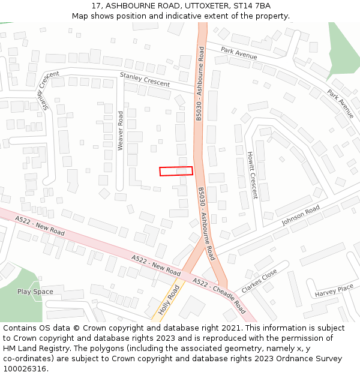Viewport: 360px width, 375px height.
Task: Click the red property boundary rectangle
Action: click(176, 171)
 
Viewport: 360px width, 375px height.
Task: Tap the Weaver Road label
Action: click(121, 130)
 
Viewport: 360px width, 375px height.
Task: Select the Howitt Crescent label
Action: click(253, 175)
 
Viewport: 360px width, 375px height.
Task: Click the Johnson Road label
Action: click(301, 214)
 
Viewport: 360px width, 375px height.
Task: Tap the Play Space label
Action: click(35, 292)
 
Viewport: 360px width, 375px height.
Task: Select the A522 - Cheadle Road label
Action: click(219, 295)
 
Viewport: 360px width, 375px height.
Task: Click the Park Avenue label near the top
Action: click(239, 53)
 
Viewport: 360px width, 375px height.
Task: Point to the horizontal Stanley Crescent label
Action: click(145, 79)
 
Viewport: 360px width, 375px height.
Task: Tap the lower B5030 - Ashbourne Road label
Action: click(206, 223)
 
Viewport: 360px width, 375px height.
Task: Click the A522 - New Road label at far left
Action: click(41, 226)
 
